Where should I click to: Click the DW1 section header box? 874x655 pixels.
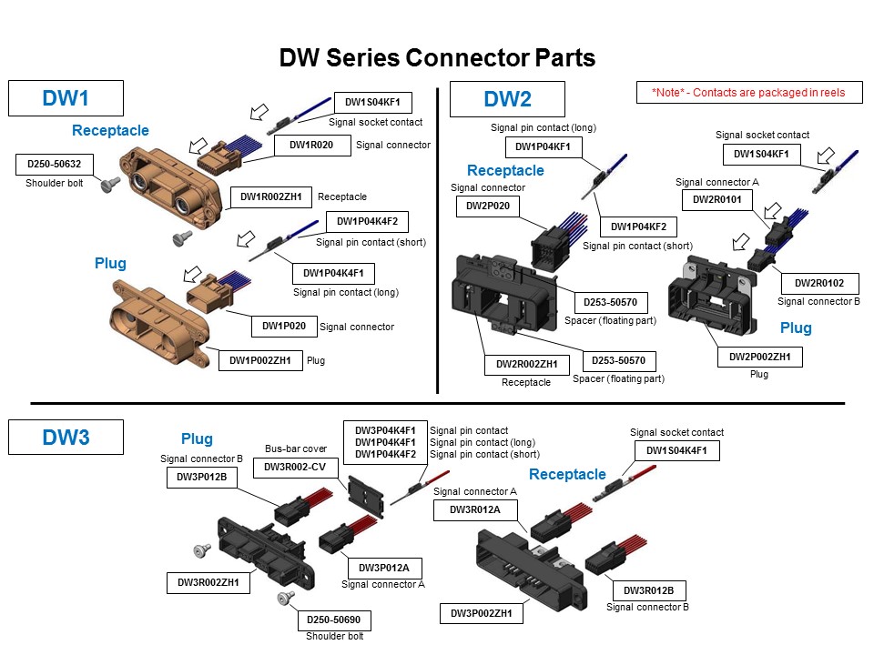65,98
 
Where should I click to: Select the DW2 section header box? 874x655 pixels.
506,98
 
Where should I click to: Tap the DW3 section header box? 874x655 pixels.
66,438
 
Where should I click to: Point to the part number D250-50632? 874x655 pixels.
54,165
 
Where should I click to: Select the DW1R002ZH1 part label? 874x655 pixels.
270,196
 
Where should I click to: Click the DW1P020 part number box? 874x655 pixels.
283,326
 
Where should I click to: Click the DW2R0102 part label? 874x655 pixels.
813,282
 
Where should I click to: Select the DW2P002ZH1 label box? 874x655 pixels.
760,358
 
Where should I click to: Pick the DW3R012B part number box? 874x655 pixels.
648,589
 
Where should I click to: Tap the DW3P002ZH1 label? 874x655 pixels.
483,614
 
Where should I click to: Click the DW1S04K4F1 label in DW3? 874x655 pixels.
676,450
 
